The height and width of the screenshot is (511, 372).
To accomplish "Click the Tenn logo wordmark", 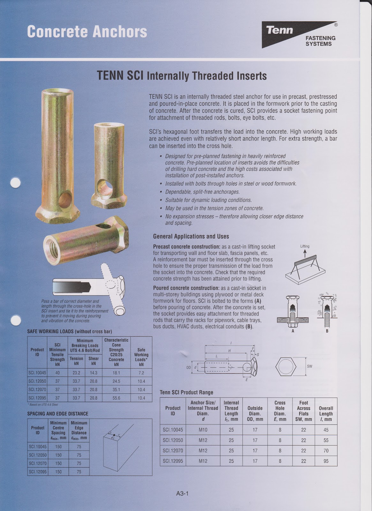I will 280,30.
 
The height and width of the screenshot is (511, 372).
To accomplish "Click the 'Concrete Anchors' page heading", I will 87,32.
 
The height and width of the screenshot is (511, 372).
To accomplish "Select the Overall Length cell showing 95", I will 326,461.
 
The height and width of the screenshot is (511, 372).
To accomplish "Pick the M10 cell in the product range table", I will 203,430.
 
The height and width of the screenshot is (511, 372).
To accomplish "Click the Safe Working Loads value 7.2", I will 141,373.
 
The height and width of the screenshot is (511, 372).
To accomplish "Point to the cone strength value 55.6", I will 116,398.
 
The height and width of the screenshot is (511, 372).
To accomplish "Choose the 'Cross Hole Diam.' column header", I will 280,411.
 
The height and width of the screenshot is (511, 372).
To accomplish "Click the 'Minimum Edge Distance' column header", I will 79,430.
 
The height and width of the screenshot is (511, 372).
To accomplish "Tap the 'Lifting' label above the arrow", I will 305,246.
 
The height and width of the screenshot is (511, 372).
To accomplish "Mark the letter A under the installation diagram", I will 293,331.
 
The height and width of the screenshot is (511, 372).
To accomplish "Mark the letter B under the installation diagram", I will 327,331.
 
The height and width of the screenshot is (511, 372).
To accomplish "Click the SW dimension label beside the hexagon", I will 309,366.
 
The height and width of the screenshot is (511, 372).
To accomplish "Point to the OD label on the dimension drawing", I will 188,368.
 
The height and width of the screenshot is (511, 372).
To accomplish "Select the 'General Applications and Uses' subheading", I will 191,236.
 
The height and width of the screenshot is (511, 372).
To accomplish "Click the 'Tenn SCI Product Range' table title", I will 186,392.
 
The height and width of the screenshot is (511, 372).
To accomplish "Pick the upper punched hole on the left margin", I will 15,184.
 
